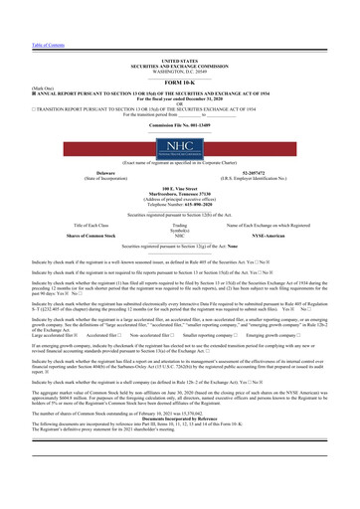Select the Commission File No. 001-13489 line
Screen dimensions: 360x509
pyautogui.click(x=179, y=127)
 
